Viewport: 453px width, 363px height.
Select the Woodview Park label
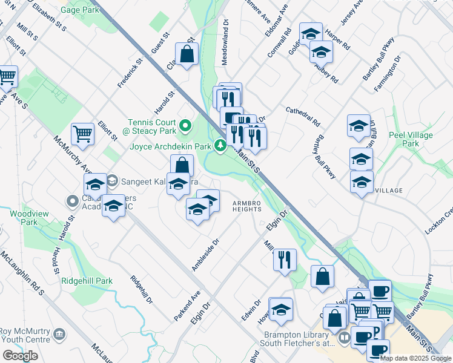[24, 217]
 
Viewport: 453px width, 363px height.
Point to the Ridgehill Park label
[87, 281]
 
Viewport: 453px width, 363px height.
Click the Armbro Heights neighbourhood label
[245, 206]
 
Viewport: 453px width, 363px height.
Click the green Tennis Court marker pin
[187, 126]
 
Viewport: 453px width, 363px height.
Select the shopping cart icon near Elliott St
[82, 133]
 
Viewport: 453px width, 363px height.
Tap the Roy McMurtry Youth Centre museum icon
[59, 334]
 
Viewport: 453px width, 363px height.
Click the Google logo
[20, 356]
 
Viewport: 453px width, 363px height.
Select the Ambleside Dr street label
[205, 255]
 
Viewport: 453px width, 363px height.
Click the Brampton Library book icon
[343, 337]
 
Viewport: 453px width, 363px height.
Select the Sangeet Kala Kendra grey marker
[112, 180]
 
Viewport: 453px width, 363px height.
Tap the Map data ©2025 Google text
[416, 358]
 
